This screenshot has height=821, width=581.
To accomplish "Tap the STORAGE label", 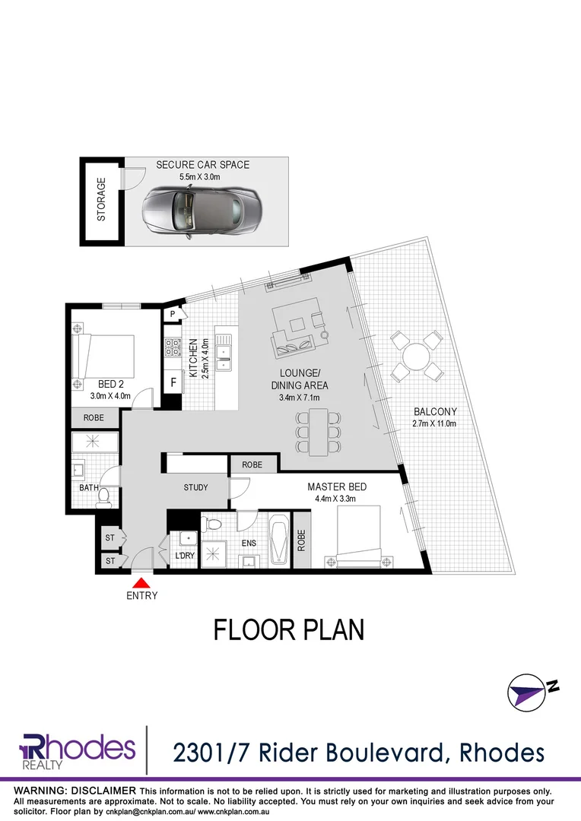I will (x=102, y=201).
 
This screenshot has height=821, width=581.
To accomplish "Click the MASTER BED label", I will (x=332, y=487).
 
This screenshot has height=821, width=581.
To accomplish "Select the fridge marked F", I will (x=174, y=382).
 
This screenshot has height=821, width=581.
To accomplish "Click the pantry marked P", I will (x=173, y=314).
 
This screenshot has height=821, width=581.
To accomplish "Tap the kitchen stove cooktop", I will (x=173, y=348).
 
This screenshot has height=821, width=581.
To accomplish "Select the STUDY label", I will (x=195, y=487).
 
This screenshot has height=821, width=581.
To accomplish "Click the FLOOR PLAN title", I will (x=290, y=629).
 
